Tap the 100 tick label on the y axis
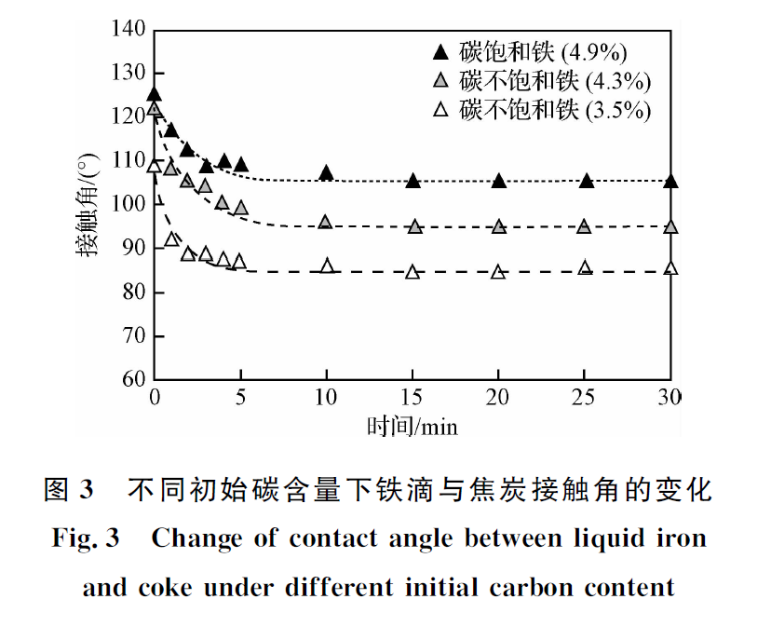pos(128,205)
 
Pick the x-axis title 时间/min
pos(413,426)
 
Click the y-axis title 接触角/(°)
pos(87,206)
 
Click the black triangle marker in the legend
pos(442,50)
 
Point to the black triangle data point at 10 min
pos(326,173)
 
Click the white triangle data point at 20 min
pos(499,272)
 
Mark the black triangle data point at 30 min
pos(670,181)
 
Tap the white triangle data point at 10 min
pos(327,266)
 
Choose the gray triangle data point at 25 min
pos(585,226)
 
